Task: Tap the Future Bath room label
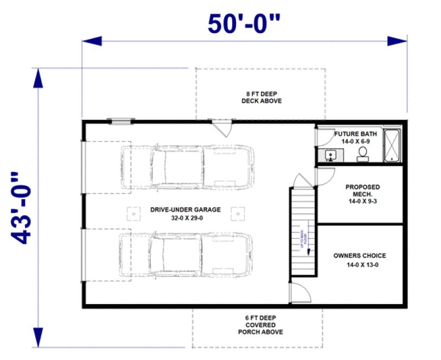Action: pyautogui.click(x=355, y=137)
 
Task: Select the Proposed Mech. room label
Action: pyautogui.click(x=363, y=194)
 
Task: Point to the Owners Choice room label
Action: pyautogui.click(x=360, y=259)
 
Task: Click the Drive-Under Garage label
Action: pyautogui.click(x=178, y=213)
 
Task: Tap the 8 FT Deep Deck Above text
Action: pyautogui.click(x=261, y=97)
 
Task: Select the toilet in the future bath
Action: pyautogui.click(x=362, y=154)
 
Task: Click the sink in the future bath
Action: pyautogui.click(x=330, y=156)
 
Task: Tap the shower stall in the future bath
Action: pyautogui.click(x=392, y=145)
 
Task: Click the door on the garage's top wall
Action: pyautogui.click(x=221, y=128)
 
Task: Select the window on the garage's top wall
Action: pyautogui.click(x=120, y=121)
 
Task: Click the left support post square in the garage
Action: pyautogui.click(x=130, y=213)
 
